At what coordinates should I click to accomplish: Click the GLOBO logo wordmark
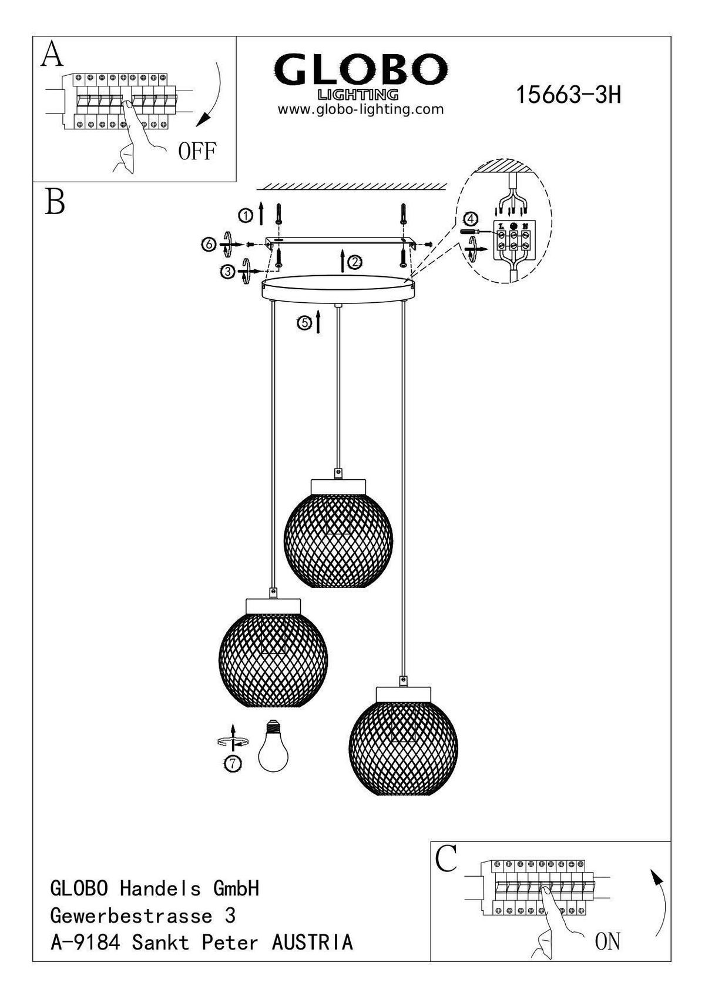tap(360, 70)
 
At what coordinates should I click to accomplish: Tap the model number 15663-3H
tap(568, 95)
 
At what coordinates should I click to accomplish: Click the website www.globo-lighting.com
tap(360, 109)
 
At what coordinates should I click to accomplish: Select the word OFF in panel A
tap(197, 152)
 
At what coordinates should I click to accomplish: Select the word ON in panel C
tap(607, 941)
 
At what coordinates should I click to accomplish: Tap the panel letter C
tap(446, 860)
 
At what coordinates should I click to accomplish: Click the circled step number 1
tap(245, 216)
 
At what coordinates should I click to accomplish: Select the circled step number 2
tap(355, 263)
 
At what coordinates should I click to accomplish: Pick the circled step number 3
tap(227, 271)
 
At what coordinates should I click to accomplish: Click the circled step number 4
tap(469, 219)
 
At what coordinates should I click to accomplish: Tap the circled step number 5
tap(303, 322)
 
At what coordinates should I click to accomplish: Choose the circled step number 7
tap(233, 763)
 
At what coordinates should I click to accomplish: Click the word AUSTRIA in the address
tap(313, 942)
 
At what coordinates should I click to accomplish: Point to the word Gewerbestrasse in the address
tap(132, 916)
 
